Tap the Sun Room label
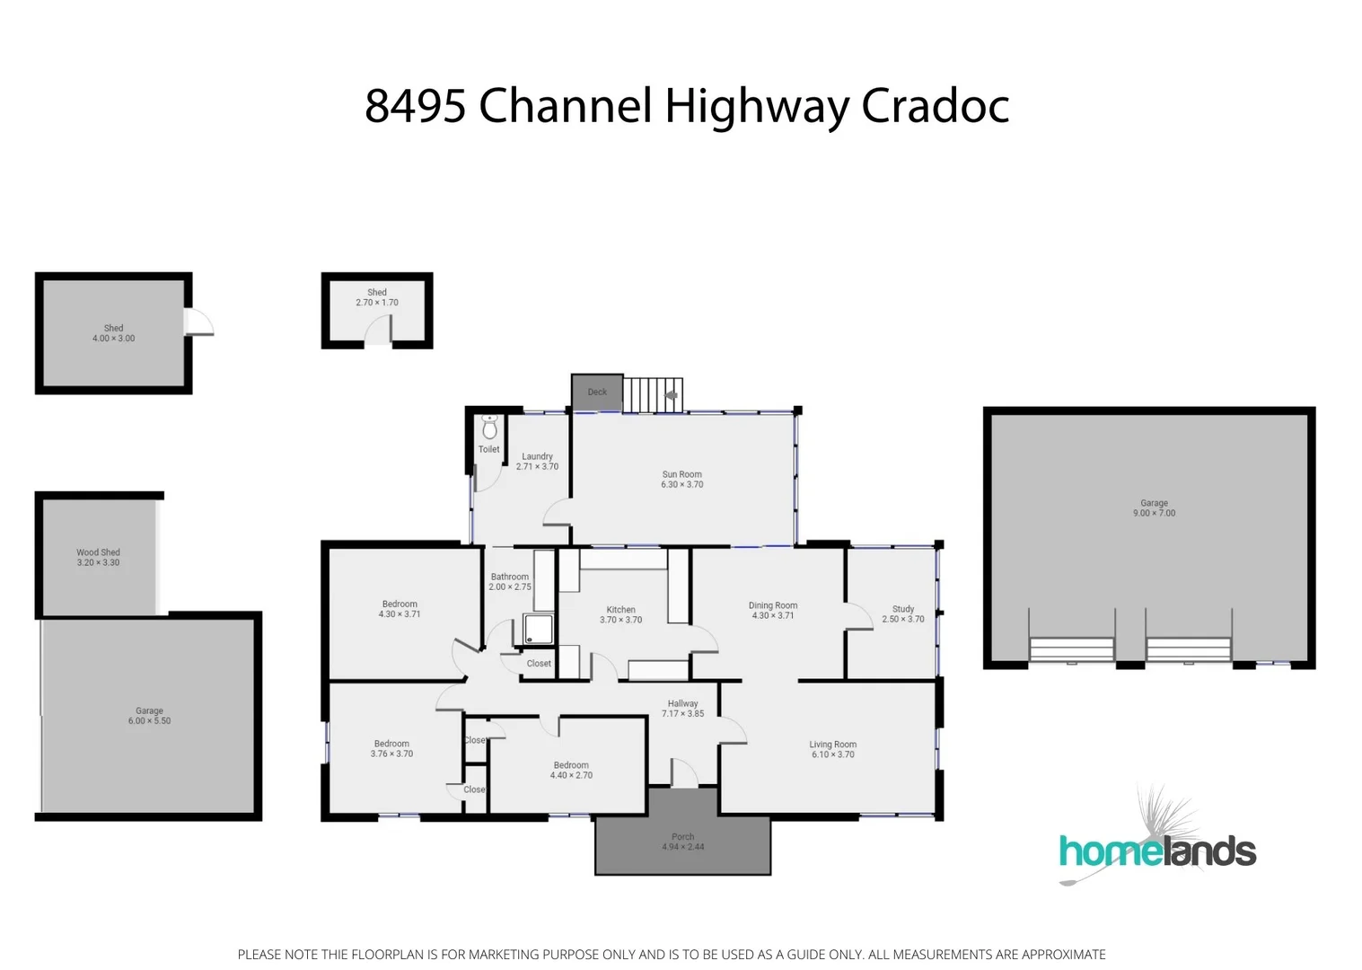click(x=681, y=474)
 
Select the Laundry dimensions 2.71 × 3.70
click(x=537, y=467)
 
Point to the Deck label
click(x=597, y=392)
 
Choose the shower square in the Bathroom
click(x=539, y=629)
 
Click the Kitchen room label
click(x=620, y=610)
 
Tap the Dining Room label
click(x=772, y=605)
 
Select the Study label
click(x=902, y=609)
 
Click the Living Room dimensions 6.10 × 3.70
click(x=832, y=754)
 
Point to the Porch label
click(x=682, y=837)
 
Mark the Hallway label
click(x=682, y=704)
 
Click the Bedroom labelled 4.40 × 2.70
click(x=571, y=771)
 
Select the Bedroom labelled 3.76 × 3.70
click(x=391, y=749)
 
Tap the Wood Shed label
click(x=98, y=552)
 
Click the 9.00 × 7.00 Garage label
click(x=1154, y=508)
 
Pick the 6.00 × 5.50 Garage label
click(x=149, y=716)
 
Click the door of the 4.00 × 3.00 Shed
click(x=199, y=323)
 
